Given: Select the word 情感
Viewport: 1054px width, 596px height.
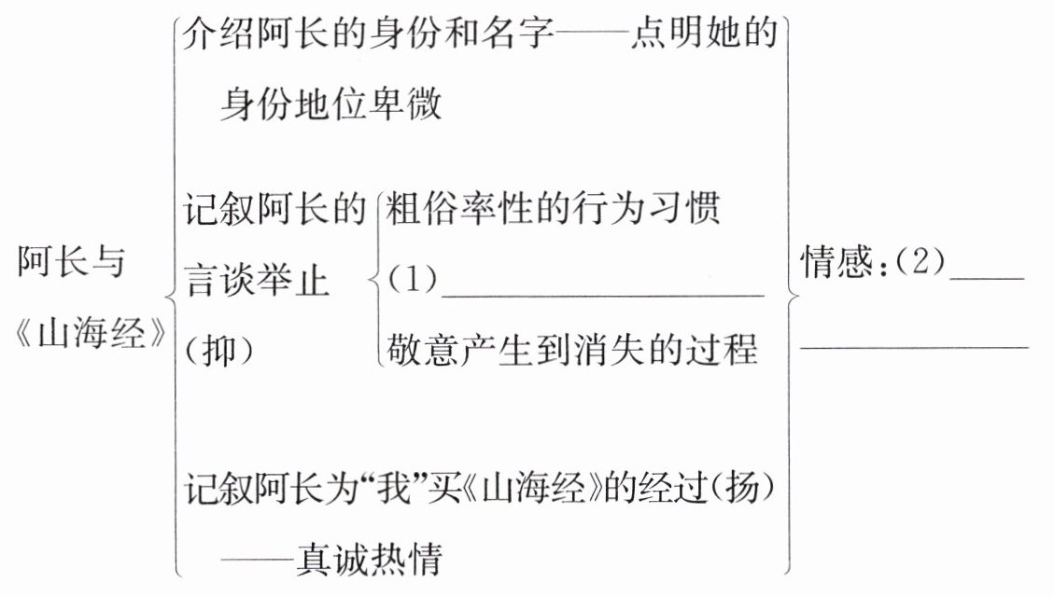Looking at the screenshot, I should pyautogui.click(x=835, y=265).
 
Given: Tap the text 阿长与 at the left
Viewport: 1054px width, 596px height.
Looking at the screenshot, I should pyautogui.click(x=71, y=264).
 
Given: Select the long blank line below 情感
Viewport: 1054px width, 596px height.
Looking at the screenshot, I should pyautogui.click(x=915, y=346).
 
